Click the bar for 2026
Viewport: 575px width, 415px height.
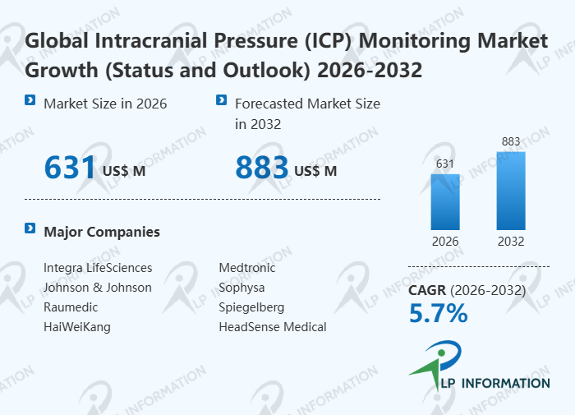point(445,201)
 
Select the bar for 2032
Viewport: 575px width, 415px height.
point(510,191)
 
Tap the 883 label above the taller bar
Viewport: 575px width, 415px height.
point(510,142)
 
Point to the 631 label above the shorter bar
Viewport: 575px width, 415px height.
point(445,164)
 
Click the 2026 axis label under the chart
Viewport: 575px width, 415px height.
point(445,242)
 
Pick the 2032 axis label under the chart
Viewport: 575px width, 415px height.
point(510,242)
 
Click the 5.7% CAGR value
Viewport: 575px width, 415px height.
point(438,313)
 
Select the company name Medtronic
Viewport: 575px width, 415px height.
point(247,268)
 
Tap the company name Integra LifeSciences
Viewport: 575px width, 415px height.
point(98,268)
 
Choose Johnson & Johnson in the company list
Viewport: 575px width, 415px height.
point(98,288)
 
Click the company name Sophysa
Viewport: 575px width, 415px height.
point(241,288)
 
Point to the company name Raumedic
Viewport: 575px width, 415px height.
point(71,307)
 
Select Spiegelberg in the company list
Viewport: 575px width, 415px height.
point(251,307)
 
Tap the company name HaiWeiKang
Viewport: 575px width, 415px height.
point(77,327)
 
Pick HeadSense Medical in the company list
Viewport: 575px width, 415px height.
point(273,327)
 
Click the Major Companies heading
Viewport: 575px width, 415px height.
point(102,232)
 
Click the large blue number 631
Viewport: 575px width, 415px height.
point(71,168)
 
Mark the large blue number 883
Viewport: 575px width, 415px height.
point(262,168)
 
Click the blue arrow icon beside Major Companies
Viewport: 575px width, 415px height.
point(30,228)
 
